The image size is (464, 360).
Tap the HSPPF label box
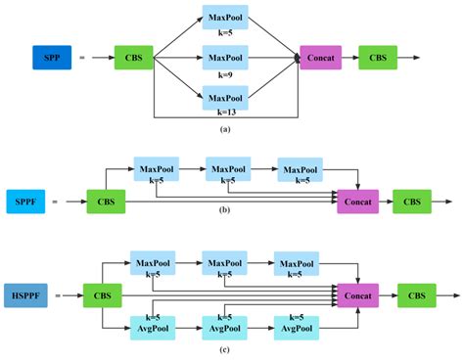(25, 293)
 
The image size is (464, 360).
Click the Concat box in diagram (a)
(320, 58)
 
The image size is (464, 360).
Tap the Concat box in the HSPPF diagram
(356, 293)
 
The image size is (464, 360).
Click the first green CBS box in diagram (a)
(133, 58)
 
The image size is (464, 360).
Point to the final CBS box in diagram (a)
(378, 58)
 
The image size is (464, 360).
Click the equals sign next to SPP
(81, 58)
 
